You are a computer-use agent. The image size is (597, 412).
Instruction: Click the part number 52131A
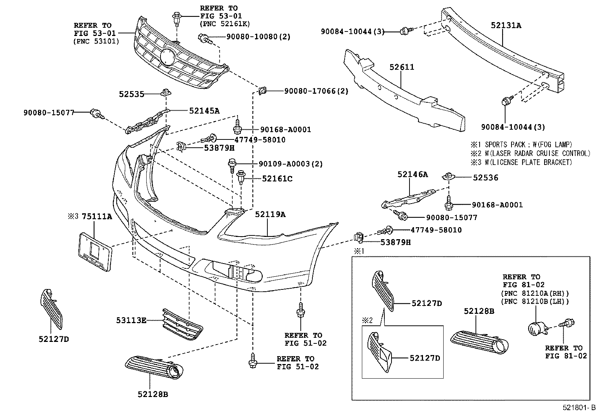point(506,25)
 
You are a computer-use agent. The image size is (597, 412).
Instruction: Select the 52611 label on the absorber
point(402,67)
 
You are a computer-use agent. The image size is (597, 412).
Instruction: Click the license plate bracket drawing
point(95,252)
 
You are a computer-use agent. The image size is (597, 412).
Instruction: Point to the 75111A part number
point(97,216)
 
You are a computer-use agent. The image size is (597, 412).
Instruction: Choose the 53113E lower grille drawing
point(183,325)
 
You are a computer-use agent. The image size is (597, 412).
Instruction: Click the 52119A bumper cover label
point(270,214)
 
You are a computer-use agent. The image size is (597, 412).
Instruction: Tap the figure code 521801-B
point(579,408)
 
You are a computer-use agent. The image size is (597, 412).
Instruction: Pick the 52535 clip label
point(131,94)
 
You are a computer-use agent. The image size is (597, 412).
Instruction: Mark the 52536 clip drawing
point(448,176)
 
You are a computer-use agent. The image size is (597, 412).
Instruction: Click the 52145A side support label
point(204,111)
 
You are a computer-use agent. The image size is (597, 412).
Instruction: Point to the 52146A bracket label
point(412,175)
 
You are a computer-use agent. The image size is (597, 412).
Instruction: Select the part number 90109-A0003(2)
point(291,163)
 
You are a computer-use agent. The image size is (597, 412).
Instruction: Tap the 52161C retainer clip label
point(277,178)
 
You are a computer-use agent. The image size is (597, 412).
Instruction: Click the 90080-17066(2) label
point(316,91)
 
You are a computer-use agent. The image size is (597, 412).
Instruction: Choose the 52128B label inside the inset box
point(479,311)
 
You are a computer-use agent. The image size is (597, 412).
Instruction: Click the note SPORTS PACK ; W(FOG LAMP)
point(528,145)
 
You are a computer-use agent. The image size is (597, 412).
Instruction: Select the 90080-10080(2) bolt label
point(258,36)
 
